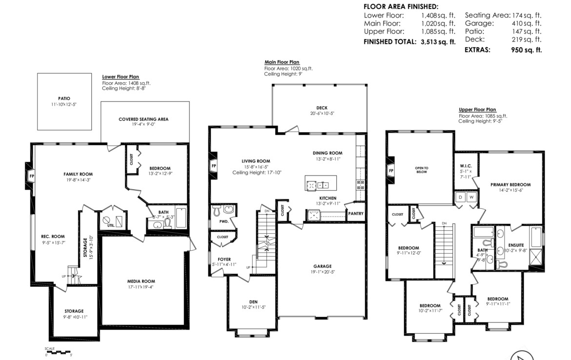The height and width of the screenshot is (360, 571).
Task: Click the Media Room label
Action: point(141,281)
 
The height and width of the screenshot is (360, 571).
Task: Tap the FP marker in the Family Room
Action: point(32,176)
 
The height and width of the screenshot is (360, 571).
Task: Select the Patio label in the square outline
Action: point(64,98)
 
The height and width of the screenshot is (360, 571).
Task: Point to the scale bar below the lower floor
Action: point(58,352)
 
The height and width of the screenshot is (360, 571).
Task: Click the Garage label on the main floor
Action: point(323,266)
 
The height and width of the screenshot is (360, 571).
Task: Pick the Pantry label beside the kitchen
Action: point(356,213)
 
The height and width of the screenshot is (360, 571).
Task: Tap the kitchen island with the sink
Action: point(321,183)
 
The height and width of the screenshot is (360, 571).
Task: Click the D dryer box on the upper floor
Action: point(460,197)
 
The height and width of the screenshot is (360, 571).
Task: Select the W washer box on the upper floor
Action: point(471,197)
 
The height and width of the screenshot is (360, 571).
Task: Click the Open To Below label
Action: point(422,170)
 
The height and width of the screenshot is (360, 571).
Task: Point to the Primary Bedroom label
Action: point(510,184)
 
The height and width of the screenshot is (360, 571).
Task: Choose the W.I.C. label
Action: point(466,166)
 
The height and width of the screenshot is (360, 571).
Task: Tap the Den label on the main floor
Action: point(253,302)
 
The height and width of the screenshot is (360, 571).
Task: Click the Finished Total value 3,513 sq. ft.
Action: point(438,41)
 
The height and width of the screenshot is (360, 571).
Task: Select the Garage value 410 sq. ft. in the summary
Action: point(527,23)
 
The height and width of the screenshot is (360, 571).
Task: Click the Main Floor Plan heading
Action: point(282,62)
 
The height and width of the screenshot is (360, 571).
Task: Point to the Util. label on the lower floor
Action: point(111,225)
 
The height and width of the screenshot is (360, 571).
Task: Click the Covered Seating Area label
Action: point(143,119)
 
